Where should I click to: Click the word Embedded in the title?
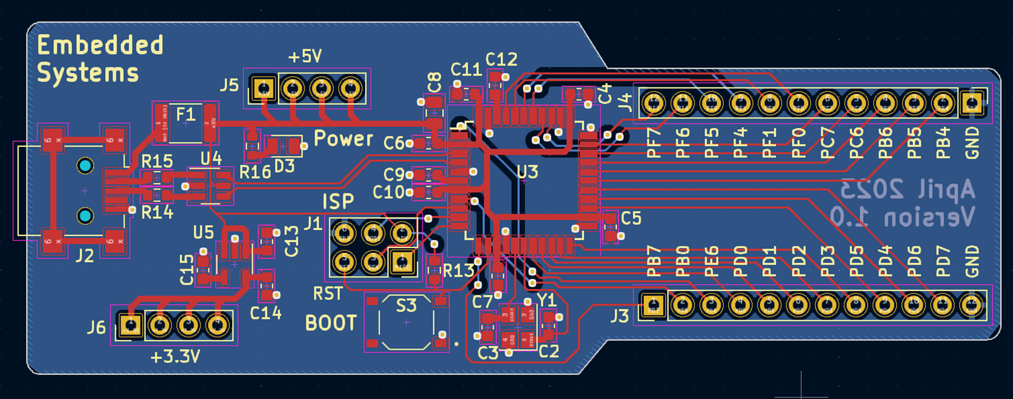point(100,45)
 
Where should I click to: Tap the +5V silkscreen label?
point(305,56)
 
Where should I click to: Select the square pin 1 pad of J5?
point(263,88)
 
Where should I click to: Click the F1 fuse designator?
point(185,115)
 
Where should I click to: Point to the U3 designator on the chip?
point(527,171)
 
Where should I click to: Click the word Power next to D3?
point(343,138)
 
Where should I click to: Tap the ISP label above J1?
point(338,201)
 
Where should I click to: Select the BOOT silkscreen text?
point(331,323)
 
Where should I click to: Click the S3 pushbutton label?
point(406,306)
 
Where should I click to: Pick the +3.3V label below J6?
point(175,356)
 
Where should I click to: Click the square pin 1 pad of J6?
point(131,324)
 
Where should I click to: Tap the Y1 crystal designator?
point(546,300)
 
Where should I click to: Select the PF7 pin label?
point(654,143)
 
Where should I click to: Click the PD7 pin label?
point(944,261)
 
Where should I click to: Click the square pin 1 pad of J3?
point(653,305)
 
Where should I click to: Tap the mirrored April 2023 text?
point(908,189)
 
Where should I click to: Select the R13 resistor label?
point(458,271)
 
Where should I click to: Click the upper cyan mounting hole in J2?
point(85,166)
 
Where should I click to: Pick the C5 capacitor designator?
point(631,218)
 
